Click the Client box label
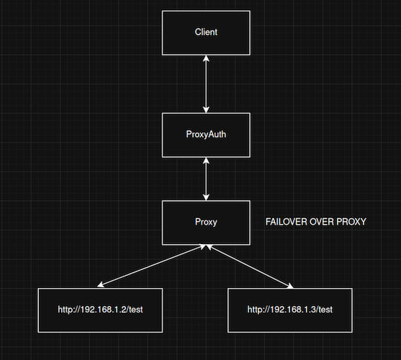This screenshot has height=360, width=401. pos(206,32)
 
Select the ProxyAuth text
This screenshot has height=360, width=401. pos(206,134)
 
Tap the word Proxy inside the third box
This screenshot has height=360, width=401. pos(206,222)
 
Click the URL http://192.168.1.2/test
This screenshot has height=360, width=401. pos(100,310)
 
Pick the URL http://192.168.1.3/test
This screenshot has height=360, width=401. pos(290,310)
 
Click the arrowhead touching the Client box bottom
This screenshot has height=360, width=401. pos(206,58)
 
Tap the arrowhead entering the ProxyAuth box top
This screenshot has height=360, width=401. pos(206,109)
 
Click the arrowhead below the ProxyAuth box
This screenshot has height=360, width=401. pos(206,161)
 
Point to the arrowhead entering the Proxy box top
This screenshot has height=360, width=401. pos(206,197)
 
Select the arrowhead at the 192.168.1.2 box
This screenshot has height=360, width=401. pos(101,284)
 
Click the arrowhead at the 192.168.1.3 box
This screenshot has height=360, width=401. pos(290,285)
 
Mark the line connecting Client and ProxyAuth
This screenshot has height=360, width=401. pos(206,84)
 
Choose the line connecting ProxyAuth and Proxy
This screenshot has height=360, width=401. pos(206,179)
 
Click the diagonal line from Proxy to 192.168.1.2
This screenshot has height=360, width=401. pos(152,266)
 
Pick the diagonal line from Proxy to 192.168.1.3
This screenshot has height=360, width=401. pos(250,266)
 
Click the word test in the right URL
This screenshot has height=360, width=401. pos(325,310)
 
